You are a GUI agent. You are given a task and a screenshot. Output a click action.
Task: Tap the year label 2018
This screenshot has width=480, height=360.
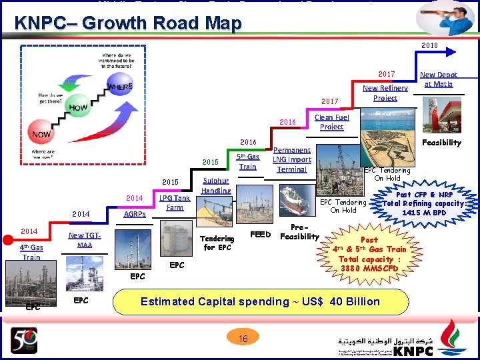(x=429, y=46)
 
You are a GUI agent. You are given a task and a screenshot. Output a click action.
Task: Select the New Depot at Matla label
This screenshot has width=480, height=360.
(x=438, y=79)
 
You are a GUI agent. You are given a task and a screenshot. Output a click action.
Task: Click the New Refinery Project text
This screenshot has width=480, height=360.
(x=385, y=93)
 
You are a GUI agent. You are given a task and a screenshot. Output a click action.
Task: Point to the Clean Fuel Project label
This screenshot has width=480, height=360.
(x=331, y=122)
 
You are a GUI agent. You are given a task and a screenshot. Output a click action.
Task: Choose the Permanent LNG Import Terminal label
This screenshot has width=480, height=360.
(x=292, y=160)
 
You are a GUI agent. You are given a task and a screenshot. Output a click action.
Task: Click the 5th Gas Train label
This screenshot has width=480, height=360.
(x=247, y=162)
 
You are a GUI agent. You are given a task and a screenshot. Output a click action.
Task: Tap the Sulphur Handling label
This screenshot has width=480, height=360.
(x=216, y=185)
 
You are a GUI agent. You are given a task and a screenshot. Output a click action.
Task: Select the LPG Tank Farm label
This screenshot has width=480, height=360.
(x=174, y=203)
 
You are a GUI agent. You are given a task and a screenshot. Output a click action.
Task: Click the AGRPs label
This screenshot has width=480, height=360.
(x=135, y=215)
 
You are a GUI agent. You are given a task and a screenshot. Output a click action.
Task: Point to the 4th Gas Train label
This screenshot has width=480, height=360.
(x=31, y=252)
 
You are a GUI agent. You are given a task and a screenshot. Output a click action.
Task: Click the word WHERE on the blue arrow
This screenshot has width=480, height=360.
(x=119, y=87)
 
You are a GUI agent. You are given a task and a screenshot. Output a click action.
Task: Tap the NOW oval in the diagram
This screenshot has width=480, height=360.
(x=42, y=134)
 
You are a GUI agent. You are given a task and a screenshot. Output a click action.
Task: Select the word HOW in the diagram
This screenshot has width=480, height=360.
(x=78, y=107)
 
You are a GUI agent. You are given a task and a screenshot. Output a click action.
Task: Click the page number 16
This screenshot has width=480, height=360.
(x=243, y=339)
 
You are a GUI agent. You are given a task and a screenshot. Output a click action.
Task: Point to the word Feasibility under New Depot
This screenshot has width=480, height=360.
(x=441, y=143)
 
